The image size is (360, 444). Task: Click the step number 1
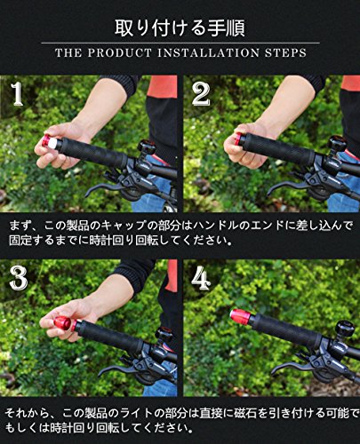pos(17,94)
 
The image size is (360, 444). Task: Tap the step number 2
pos(201,94)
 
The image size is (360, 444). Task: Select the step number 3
pos(19,278)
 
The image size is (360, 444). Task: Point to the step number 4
pos(201,278)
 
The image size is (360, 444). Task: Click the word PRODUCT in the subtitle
pos(119,53)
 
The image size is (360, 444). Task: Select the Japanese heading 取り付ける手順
pos(180,28)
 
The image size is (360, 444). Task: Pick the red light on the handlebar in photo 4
pos(241,318)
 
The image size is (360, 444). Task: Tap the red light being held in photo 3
pos(64,323)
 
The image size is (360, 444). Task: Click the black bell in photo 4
pos(345,329)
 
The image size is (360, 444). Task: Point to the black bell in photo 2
pos(337,144)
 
